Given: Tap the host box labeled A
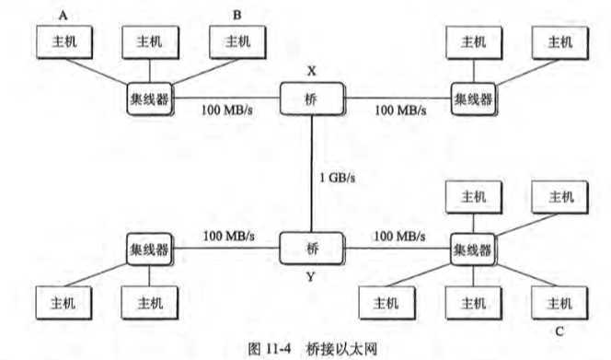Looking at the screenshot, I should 62,41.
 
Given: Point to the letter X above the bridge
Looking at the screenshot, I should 311,69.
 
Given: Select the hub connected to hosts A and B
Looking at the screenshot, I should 150,98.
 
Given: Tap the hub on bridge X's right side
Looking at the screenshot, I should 473,98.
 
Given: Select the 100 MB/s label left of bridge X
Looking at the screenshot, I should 229,110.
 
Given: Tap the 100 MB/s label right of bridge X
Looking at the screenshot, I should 400,110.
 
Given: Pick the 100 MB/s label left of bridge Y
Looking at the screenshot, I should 229,236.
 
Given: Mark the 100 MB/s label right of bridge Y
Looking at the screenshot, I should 398,236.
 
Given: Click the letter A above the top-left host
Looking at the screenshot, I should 63,14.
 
